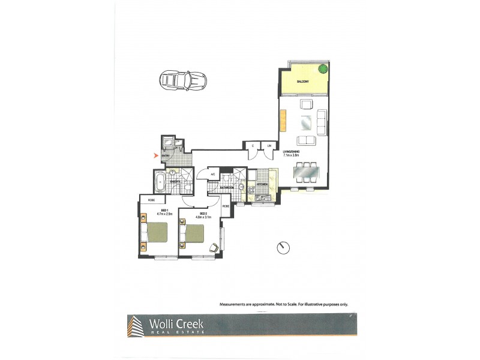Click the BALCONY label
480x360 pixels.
point(302,82)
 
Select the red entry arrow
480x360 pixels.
point(158,156)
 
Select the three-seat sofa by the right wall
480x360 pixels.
point(321,122)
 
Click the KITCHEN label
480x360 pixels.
point(262,184)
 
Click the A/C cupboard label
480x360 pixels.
point(212,175)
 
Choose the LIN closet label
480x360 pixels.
point(269,146)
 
